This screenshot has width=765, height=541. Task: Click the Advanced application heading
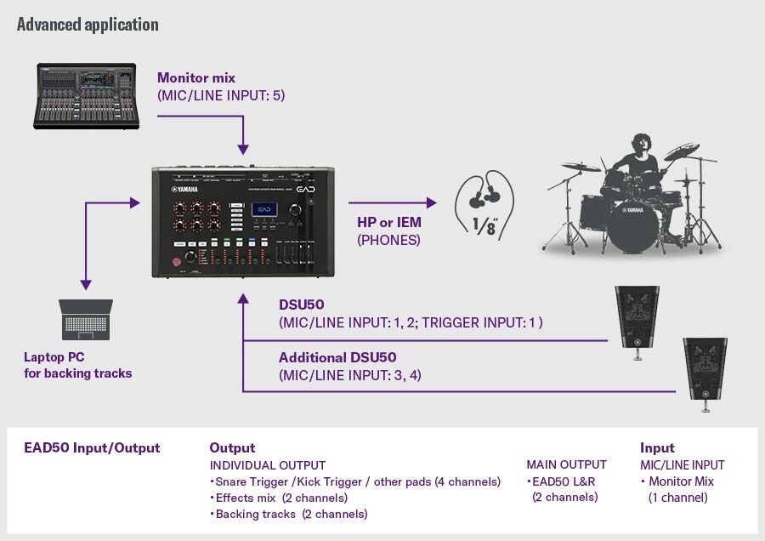pyautogui.click(x=88, y=24)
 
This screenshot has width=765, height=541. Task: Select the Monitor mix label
pyautogui.click(x=196, y=77)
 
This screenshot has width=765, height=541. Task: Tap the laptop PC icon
pyautogui.click(x=85, y=321)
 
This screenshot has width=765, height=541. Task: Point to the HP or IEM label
pyautogui.click(x=389, y=222)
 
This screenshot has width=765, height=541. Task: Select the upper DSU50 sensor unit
pyautogui.click(x=635, y=317)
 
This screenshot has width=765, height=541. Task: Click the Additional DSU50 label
pyautogui.click(x=337, y=357)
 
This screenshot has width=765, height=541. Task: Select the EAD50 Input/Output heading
pyautogui.click(x=92, y=447)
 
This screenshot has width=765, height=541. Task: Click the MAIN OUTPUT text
pyautogui.click(x=566, y=464)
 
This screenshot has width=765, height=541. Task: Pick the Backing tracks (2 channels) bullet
pyautogui.click(x=291, y=514)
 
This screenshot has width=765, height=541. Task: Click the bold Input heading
pyautogui.click(x=657, y=447)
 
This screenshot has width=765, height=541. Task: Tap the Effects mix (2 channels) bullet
pyautogui.click(x=281, y=498)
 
